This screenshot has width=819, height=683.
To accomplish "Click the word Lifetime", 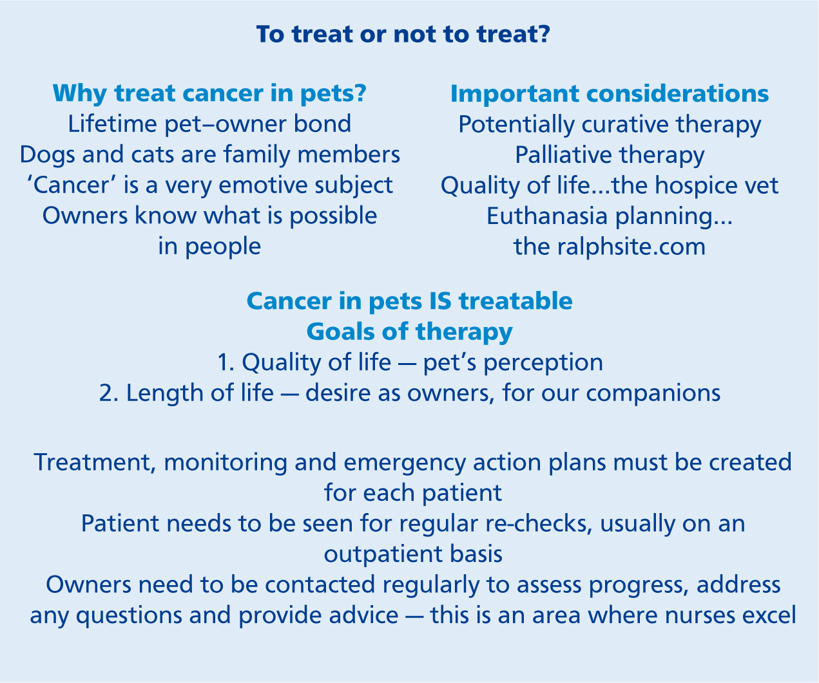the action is click(113, 124).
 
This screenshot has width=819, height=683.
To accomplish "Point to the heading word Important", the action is click(515, 94).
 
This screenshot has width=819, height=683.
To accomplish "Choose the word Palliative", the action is click(563, 154).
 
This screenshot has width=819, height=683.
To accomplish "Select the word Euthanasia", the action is click(547, 216).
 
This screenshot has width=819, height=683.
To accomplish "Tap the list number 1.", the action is click(226, 362).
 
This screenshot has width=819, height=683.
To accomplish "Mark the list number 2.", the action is click(108, 393).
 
